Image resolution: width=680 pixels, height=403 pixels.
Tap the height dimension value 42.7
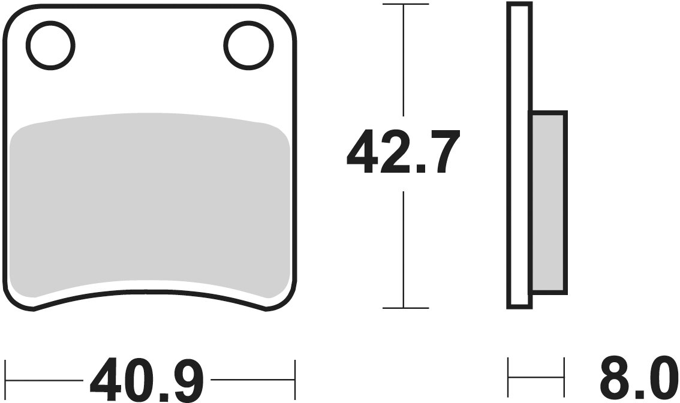404,151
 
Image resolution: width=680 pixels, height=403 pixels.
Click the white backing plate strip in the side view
519,156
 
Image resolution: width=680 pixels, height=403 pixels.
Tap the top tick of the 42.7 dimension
405,4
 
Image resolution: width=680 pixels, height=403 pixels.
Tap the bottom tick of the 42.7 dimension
405,308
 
